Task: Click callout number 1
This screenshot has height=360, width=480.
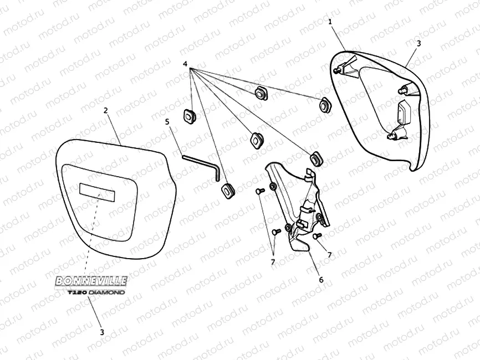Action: point(330,22)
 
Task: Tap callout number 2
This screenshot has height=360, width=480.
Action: point(105,110)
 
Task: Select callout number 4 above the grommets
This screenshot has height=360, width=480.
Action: point(185,65)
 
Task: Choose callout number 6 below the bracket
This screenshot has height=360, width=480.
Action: point(320,280)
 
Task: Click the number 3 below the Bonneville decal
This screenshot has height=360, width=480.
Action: point(101,332)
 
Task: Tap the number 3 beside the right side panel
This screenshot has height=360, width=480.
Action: point(418,43)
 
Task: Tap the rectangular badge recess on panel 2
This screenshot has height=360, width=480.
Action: point(98,191)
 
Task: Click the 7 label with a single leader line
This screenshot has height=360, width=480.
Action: point(330,254)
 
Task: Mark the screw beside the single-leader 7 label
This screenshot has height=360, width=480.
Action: point(316,235)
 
